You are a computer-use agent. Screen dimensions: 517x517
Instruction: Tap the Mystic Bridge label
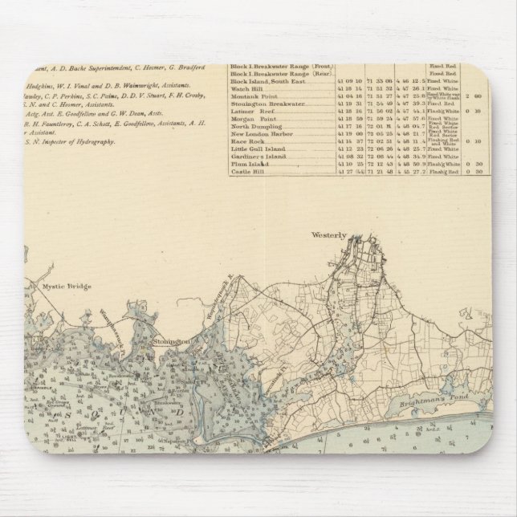point(68,286)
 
